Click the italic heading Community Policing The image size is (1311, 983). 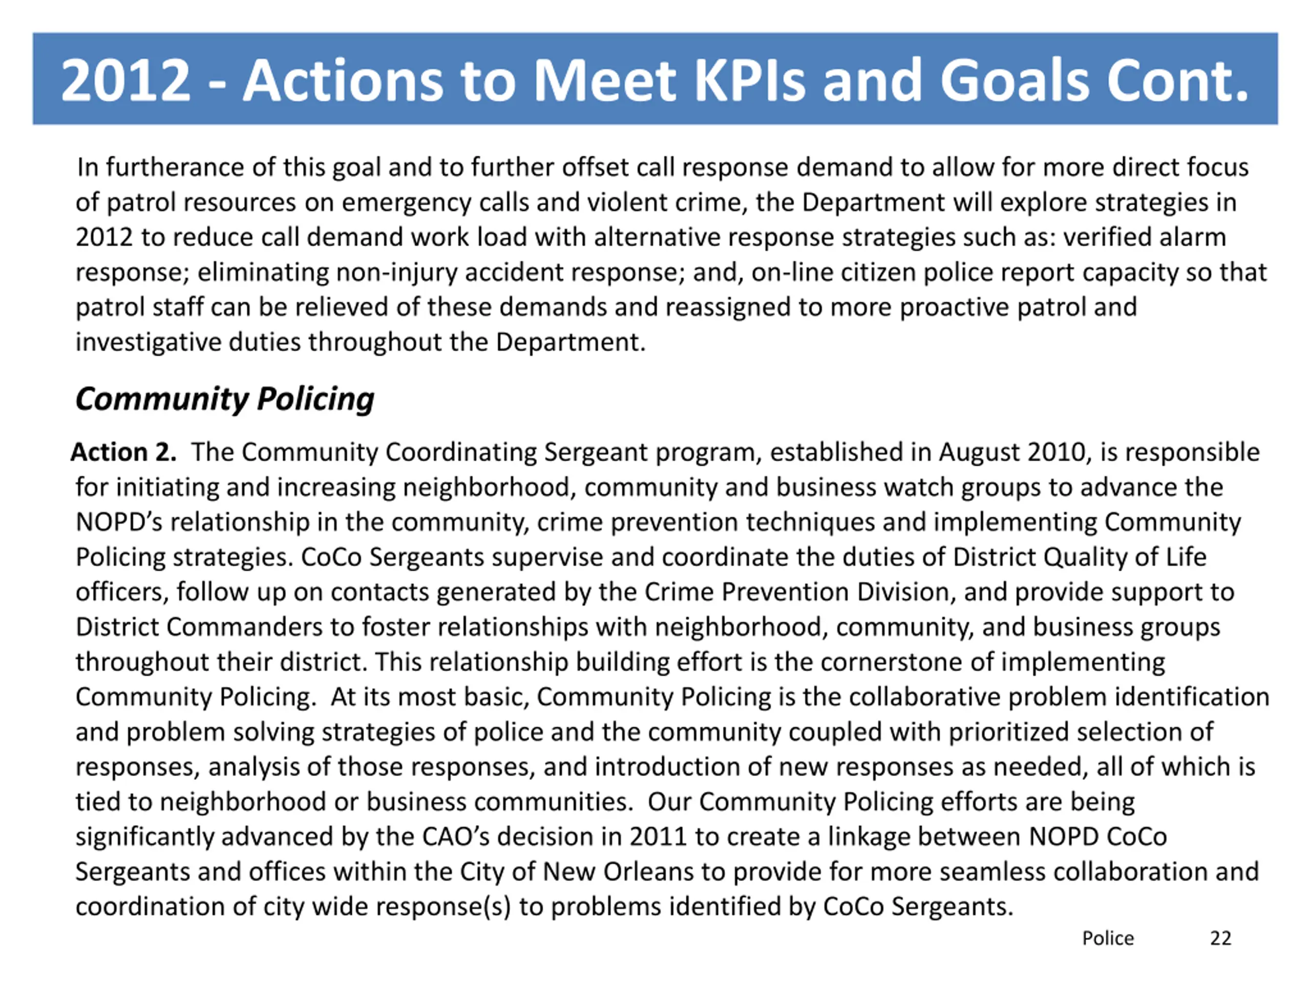[x=225, y=398]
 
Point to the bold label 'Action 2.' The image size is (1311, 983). [x=123, y=452]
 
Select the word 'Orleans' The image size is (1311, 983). [x=648, y=871]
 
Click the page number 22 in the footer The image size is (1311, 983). [x=1220, y=938]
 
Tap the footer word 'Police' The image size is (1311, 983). [x=1107, y=938]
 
